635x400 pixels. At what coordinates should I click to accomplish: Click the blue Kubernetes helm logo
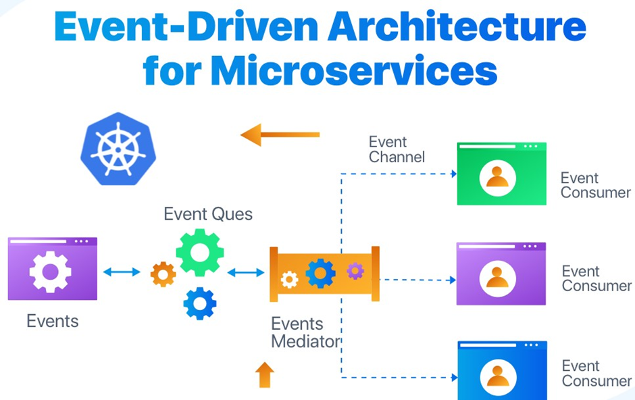pos(118,149)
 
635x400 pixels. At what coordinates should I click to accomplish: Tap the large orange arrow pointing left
pos(280,134)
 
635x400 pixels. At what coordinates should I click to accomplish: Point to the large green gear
pos(200,252)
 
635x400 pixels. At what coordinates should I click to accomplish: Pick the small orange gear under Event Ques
pos(163,274)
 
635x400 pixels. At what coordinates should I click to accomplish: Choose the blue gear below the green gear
pos(200,303)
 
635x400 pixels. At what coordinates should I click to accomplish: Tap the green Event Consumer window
pos(501,174)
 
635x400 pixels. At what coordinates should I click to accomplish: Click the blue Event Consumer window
pos(501,371)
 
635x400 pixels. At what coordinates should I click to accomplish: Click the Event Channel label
pos(397,149)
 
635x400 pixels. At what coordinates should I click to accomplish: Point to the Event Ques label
pos(208,214)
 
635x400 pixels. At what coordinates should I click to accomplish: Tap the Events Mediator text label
pos(305,332)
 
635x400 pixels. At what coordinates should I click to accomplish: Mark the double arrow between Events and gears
pos(122,272)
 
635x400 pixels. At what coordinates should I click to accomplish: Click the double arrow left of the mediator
pos(246,272)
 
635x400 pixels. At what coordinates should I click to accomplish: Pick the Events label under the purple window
pos(52,320)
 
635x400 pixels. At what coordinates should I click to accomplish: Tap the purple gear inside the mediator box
pos(355,271)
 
